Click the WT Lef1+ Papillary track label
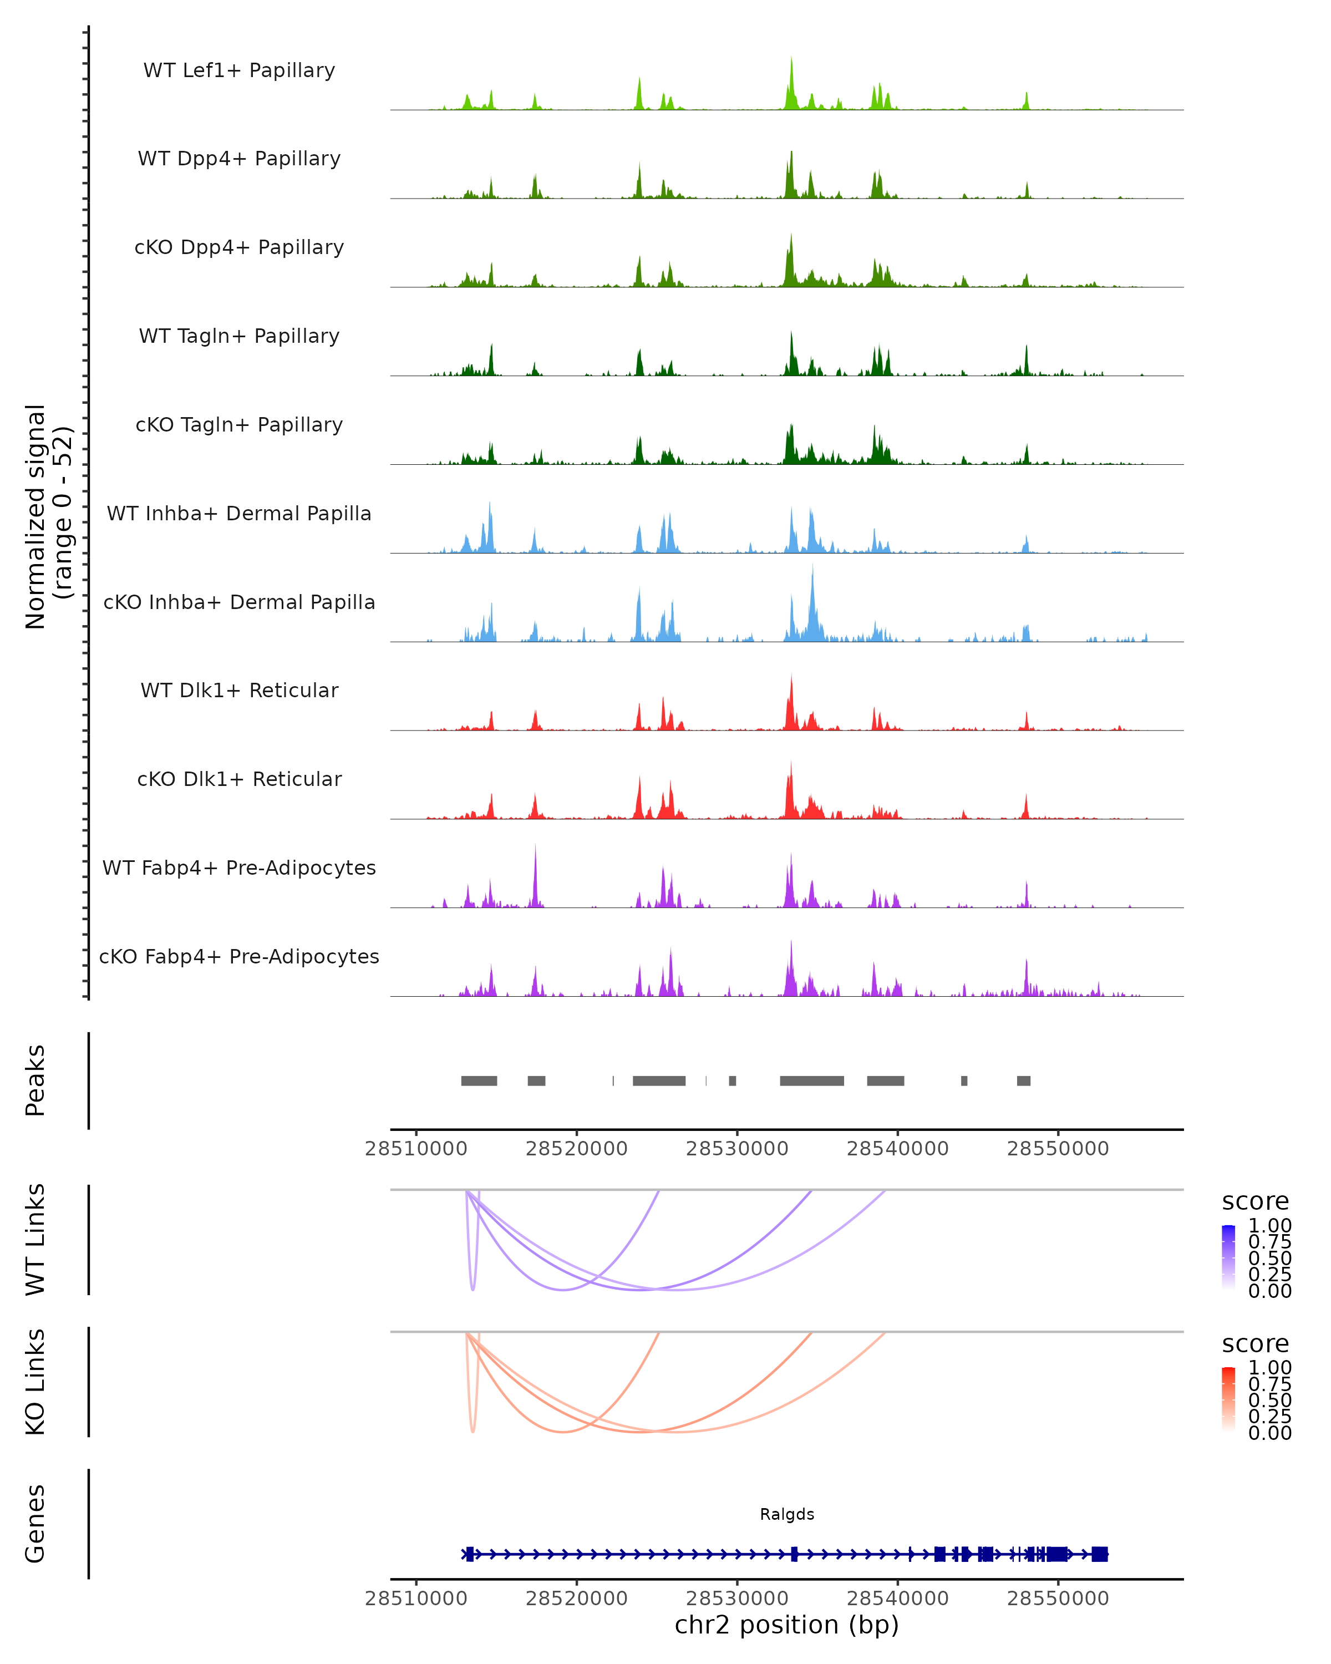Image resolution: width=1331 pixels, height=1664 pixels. [x=239, y=70]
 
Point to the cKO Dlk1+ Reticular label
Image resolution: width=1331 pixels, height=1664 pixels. [x=239, y=779]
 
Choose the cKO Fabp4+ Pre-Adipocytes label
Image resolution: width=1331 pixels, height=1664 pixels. [x=239, y=956]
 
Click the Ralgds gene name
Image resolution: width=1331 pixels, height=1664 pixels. [x=787, y=1514]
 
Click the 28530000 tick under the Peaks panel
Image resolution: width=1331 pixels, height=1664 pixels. [x=737, y=1149]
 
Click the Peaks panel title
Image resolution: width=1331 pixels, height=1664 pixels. [x=35, y=1080]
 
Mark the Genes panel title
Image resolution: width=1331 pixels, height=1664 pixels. [x=35, y=1524]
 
